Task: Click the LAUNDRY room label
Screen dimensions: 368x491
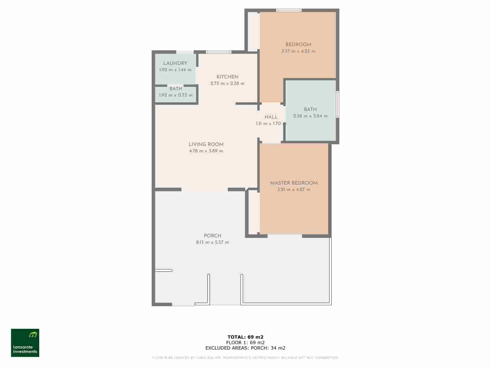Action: [175, 63]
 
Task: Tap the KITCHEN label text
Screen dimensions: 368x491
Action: [227, 77]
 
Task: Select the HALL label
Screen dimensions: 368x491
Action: [271, 117]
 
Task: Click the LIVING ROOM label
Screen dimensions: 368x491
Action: [206, 144]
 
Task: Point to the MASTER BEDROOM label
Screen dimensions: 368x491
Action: [294, 183]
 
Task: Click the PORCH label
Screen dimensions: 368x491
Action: [212, 236]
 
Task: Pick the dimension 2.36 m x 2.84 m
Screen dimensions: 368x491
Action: [310, 116]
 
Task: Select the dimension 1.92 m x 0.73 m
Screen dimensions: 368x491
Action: [176, 95]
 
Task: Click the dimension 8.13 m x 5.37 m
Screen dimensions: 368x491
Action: [212, 242]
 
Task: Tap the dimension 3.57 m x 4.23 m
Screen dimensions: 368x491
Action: [298, 51]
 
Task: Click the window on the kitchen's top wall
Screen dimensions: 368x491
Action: [218, 52]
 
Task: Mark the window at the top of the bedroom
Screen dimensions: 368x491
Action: [289, 10]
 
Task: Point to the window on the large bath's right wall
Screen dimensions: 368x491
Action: [337, 104]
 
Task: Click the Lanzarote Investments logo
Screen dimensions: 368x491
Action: [25, 343]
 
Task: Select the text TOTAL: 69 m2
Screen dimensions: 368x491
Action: [245, 337]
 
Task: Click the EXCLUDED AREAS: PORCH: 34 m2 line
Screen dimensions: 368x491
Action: [245, 348]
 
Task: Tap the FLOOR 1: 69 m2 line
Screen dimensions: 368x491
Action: [245, 343]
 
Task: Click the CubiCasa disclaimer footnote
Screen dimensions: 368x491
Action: [245, 358]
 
